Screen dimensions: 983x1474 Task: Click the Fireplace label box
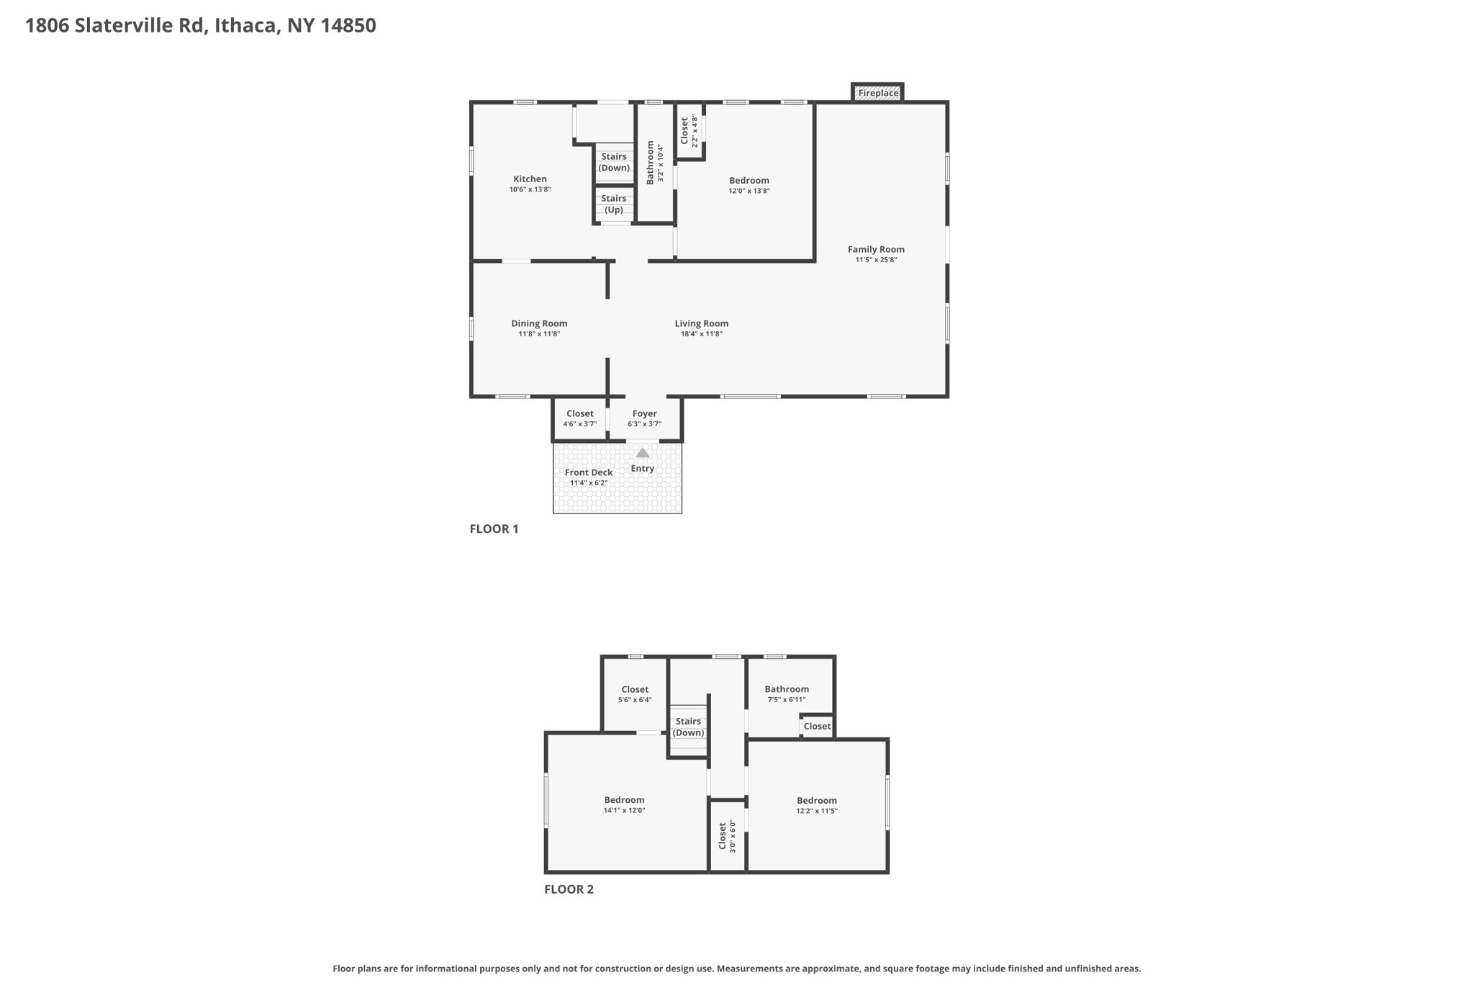point(877,93)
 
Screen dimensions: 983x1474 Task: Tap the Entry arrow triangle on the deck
point(642,453)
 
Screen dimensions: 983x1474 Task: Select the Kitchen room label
point(530,179)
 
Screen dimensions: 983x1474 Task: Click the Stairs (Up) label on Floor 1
point(613,204)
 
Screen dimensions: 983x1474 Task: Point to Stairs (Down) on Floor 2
point(688,727)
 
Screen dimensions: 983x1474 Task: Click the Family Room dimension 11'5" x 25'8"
point(876,260)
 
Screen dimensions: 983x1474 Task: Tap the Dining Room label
point(539,323)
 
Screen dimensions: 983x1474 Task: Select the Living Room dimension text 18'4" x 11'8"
point(701,334)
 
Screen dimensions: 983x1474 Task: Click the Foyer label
point(644,413)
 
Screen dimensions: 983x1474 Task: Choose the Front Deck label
point(588,472)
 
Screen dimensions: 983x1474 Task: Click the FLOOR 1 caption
point(494,529)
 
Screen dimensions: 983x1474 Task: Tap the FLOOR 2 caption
point(569,889)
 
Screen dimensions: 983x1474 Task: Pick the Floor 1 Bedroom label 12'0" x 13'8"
point(749,181)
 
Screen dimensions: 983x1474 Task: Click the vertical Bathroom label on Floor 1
point(651,162)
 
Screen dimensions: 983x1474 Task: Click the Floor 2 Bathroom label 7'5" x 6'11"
point(786,689)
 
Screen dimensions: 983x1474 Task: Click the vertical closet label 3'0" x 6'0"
point(723,836)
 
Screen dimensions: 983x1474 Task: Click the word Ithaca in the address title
point(245,26)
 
